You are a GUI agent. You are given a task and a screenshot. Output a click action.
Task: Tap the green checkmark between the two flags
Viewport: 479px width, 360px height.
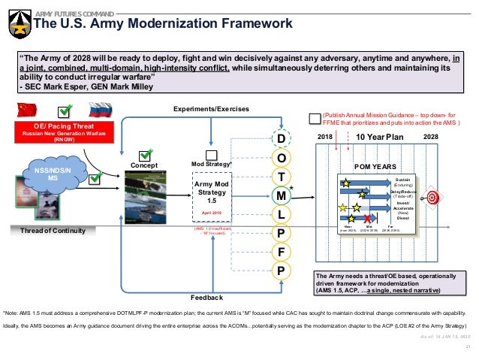click(x=67, y=111)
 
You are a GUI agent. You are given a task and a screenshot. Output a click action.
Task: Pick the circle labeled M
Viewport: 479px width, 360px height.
click(x=279, y=195)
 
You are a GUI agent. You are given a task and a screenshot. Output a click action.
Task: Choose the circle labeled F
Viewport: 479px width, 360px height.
click(x=279, y=252)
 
